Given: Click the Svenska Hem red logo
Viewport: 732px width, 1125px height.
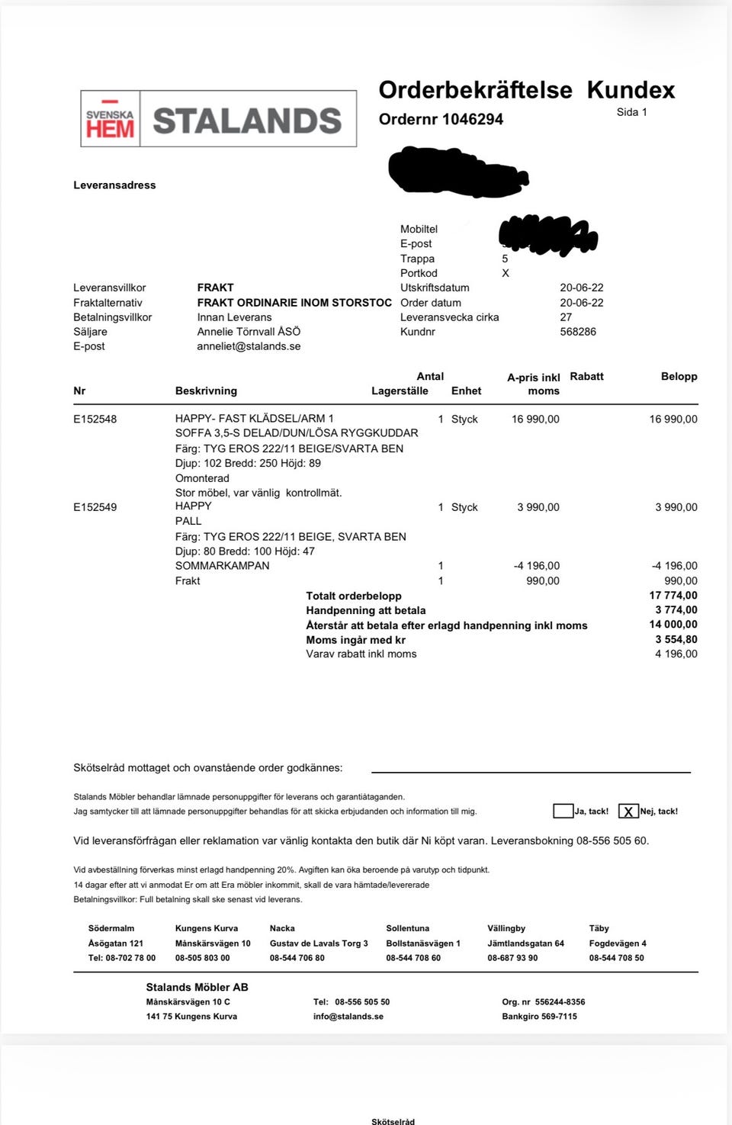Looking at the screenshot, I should (110, 120).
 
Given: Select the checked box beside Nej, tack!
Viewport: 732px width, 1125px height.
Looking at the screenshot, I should (628, 812).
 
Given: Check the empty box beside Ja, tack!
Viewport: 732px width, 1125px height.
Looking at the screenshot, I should (563, 811).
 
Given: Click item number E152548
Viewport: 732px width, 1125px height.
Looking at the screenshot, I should (95, 419).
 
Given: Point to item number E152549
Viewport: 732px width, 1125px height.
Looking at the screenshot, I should (95, 507).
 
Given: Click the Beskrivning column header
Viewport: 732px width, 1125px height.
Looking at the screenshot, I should (206, 391).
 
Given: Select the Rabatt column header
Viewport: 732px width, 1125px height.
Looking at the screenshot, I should (586, 376).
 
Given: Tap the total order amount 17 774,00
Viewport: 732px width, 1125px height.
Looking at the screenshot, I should (673, 596).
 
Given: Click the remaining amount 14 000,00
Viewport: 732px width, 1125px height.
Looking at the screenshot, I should (673, 625).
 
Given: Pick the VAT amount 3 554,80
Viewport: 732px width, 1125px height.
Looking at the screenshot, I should (676, 639).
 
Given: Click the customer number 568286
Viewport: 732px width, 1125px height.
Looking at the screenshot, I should (578, 332).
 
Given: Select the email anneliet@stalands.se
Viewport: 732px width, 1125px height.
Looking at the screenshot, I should (249, 346).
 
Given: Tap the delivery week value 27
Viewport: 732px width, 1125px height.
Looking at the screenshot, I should (566, 317).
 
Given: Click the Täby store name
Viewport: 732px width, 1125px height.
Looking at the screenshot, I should (599, 928).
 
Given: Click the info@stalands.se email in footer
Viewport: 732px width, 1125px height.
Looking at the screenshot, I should (348, 1016).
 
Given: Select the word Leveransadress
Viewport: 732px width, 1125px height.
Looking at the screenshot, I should (114, 185).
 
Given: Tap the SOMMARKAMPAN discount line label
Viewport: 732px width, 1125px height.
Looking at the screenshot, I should (222, 566).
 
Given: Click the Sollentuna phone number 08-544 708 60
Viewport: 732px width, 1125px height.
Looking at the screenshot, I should (413, 958).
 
